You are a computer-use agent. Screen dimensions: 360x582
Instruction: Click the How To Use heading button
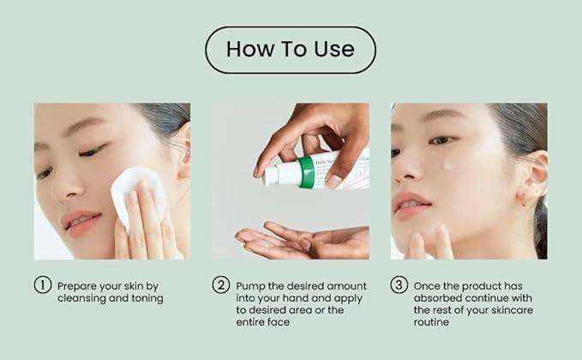click(x=290, y=49)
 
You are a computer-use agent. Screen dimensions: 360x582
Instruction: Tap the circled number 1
click(x=42, y=285)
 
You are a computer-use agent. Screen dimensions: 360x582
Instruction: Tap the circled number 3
click(x=399, y=285)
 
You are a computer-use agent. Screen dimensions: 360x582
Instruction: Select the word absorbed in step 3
click(x=438, y=297)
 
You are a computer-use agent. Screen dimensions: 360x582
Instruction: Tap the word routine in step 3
click(x=434, y=322)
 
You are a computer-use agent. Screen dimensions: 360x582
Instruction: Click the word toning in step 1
click(x=146, y=297)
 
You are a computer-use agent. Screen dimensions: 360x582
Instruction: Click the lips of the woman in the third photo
click(x=412, y=207)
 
